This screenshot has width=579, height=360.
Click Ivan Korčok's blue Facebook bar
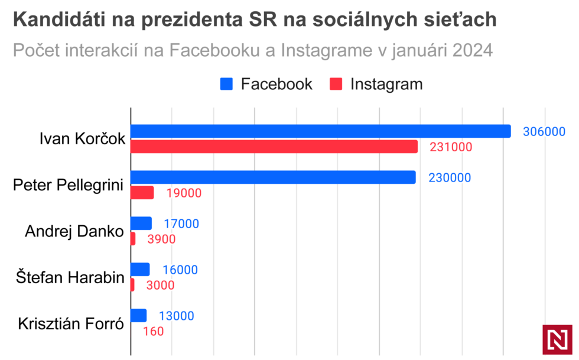click(x=320, y=131)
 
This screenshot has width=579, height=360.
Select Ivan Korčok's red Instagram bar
click(x=274, y=147)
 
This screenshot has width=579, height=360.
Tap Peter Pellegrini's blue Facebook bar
click(x=273, y=177)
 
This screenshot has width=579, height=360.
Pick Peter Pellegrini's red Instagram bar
click(x=142, y=193)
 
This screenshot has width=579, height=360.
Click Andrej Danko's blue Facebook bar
click(x=141, y=223)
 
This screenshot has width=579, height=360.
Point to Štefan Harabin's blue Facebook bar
click(x=140, y=270)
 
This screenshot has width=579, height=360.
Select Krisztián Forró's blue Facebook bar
click(x=138, y=316)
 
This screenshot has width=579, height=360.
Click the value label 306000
click(x=544, y=132)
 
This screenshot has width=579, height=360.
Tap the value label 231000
click(x=451, y=147)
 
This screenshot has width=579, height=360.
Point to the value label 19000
click(x=184, y=193)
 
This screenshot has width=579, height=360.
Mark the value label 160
click(x=153, y=332)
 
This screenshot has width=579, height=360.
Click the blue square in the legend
click(x=227, y=84)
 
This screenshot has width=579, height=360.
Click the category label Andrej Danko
click(x=74, y=231)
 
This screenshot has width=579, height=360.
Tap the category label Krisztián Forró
click(x=71, y=324)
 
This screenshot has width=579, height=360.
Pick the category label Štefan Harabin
click(x=70, y=277)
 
